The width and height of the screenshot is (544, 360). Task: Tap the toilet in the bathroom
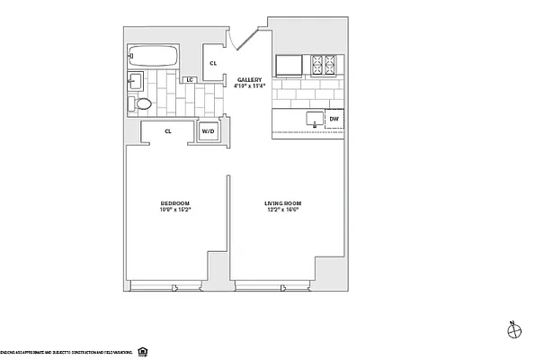(142, 104)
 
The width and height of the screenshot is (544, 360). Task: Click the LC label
(190, 80)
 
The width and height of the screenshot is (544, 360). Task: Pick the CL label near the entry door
(213, 63)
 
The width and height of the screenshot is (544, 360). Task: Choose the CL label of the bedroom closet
(168, 131)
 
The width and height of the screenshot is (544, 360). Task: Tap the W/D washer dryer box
(208, 131)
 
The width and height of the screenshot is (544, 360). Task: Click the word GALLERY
(248, 80)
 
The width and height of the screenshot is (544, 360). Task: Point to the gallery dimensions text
(248, 87)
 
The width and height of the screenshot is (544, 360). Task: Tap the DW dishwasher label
(334, 118)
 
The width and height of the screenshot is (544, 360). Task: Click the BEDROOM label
(175, 203)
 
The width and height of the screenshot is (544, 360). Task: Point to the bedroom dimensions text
(175, 211)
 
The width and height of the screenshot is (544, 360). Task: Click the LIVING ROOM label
(282, 203)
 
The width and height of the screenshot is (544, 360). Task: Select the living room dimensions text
(282, 211)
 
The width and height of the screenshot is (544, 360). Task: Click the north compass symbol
(513, 330)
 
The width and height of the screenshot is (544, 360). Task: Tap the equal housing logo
(143, 350)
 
